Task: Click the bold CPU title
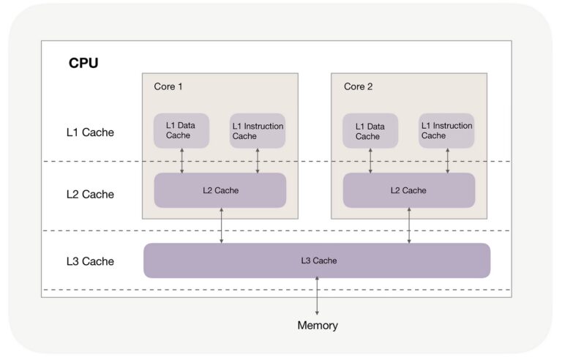[83, 63]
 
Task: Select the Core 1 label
[168, 86]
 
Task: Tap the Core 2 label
[359, 86]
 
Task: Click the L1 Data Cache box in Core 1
[181, 131]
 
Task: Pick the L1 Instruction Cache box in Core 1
[257, 131]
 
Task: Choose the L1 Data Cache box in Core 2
[370, 131]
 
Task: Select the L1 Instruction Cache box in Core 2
[446, 131]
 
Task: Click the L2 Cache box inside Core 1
[220, 190]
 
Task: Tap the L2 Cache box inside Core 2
[409, 190]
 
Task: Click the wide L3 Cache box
[317, 260]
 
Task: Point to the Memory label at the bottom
[318, 326]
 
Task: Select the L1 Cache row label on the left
[89, 132]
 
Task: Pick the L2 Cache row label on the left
[89, 194]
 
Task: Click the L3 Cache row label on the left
[89, 261]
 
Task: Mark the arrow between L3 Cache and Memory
[317, 296]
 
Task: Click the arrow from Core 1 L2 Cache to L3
[221, 225]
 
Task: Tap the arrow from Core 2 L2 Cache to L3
[409, 225]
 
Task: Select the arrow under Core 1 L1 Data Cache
[182, 161]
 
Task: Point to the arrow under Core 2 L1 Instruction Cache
[447, 161]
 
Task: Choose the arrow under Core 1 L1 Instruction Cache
[258, 161]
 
